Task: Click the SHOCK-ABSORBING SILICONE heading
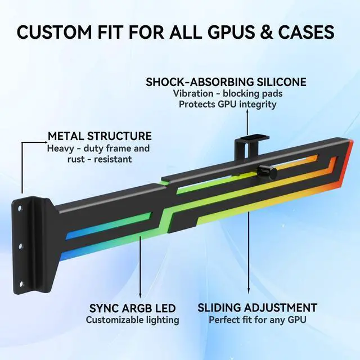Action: [x=226, y=82]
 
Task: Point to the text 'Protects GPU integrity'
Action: [x=227, y=104]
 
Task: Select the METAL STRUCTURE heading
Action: [x=100, y=136]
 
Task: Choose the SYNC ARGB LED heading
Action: [x=133, y=308]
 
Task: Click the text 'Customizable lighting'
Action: [x=133, y=320]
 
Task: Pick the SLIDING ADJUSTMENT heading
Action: [x=257, y=308]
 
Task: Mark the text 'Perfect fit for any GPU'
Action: [x=257, y=320]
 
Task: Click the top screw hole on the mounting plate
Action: [x=21, y=208]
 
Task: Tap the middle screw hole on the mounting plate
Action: [x=21, y=246]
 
